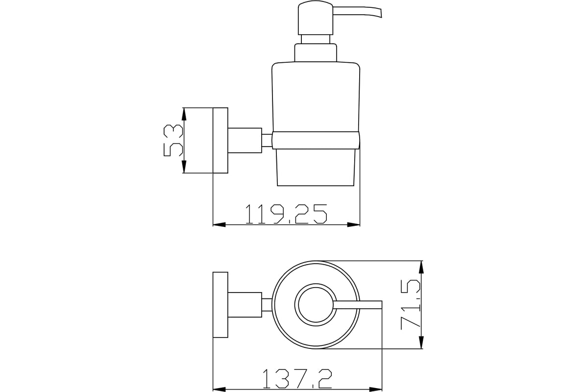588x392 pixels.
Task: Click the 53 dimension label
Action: click(x=173, y=141)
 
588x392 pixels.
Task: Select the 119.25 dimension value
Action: click(x=286, y=214)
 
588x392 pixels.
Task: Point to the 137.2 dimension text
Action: click(x=297, y=379)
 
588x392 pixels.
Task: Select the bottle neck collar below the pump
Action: click(x=316, y=52)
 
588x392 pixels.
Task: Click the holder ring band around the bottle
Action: click(x=316, y=141)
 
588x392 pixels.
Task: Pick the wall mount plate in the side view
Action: click(x=220, y=141)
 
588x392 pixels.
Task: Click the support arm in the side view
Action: click(x=245, y=141)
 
